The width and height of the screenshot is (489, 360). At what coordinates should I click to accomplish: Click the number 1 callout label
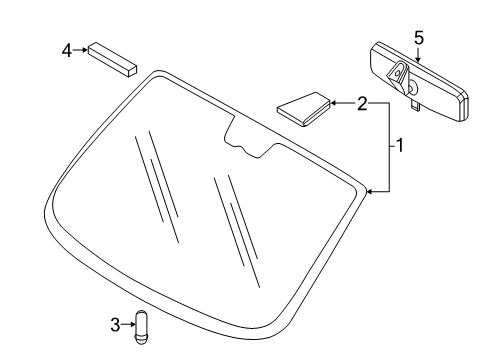(398, 146)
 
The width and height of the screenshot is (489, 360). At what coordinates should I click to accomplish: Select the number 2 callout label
(362, 102)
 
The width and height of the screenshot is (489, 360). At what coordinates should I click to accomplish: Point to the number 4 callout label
(66, 49)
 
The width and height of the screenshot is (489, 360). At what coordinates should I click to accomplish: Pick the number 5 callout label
(419, 37)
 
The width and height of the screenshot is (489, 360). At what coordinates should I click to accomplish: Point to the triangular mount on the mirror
(398, 75)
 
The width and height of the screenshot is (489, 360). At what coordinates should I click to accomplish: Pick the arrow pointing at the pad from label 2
(340, 102)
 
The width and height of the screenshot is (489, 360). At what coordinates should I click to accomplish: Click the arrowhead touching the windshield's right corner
(371, 191)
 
